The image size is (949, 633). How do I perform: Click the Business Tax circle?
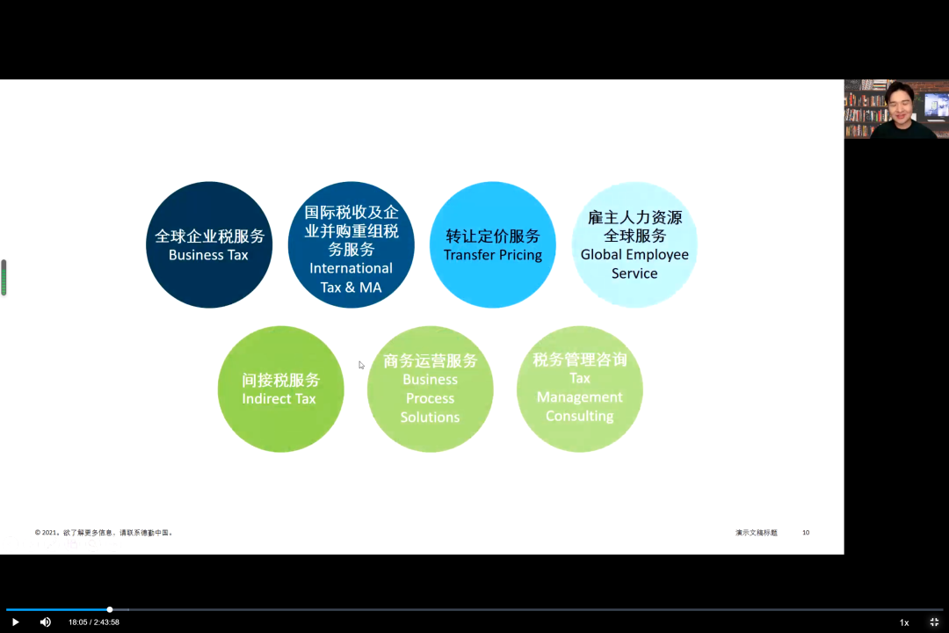pos(209,245)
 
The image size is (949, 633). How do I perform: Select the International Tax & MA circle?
pos(351,245)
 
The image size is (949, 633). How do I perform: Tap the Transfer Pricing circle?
pos(493,245)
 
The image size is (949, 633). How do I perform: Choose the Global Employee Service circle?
pos(634,245)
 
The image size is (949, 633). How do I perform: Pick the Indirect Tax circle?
pos(280,389)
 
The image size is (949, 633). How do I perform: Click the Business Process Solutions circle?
pos(431,389)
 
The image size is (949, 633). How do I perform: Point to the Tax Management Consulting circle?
pos(580,389)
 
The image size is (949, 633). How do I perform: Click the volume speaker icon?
pos(46,622)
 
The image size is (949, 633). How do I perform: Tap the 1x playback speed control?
pos(903,622)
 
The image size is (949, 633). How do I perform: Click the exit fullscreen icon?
pos(934,622)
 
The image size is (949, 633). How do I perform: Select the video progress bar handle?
pos(110,609)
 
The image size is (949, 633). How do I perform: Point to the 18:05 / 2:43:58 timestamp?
pos(94,622)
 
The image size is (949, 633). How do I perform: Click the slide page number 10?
pos(806,533)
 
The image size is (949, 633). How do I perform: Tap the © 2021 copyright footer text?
pos(105,533)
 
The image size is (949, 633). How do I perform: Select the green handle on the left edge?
pos(4,278)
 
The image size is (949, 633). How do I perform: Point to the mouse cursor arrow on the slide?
pos(361,365)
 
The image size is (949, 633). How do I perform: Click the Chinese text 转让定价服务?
pos(493,236)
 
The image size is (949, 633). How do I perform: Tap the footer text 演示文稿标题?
pos(757,533)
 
